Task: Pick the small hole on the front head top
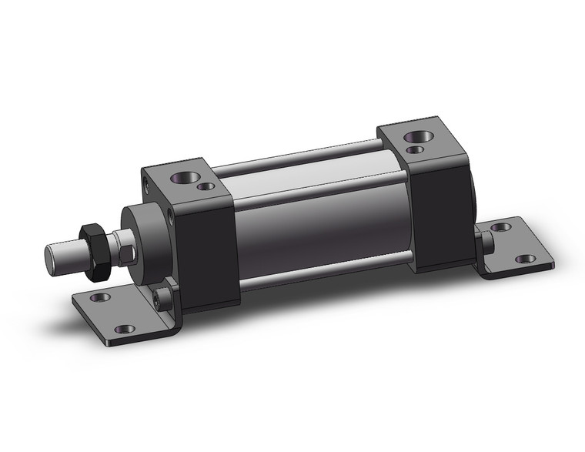(205, 186)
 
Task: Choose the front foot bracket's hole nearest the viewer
(125, 329)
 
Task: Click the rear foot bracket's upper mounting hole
(501, 227)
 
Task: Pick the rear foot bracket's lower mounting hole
(526, 259)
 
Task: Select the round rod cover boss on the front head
(146, 230)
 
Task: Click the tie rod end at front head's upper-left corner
(147, 183)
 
